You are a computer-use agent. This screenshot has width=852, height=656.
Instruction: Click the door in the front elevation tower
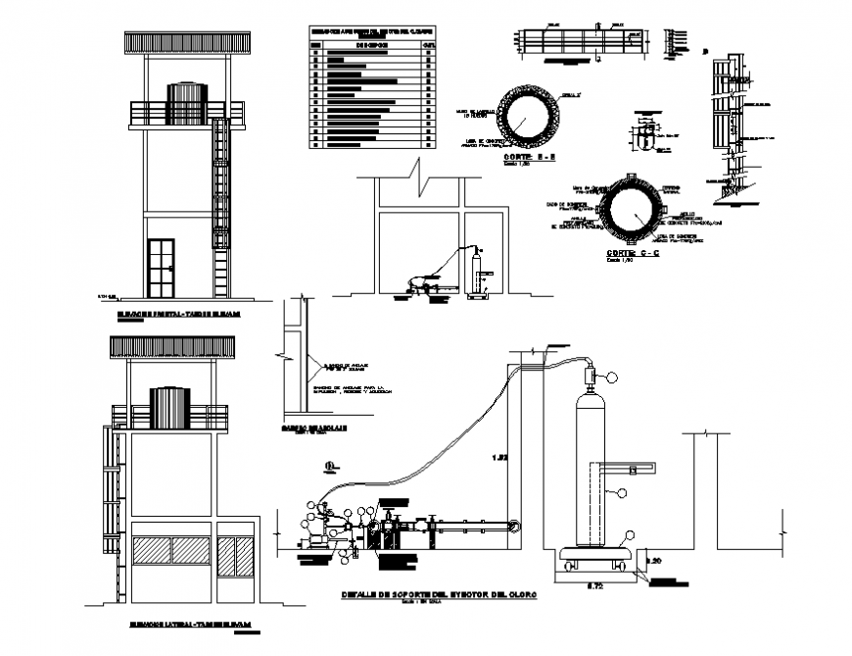tap(157, 266)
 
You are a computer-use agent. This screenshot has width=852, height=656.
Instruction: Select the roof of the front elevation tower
tap(186, 43)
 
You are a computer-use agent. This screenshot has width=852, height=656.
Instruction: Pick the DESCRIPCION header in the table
tap(372, 45)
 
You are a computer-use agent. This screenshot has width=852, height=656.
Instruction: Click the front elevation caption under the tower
tap(179, 315)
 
